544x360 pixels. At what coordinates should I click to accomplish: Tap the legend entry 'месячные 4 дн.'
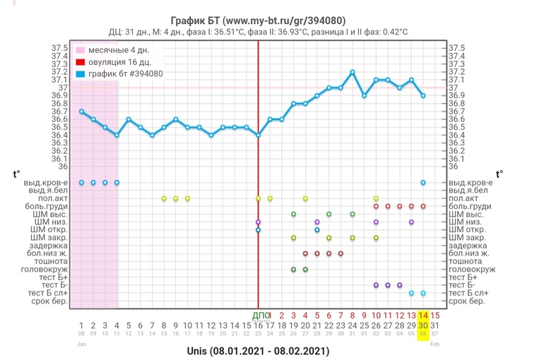click(x=117, y=51)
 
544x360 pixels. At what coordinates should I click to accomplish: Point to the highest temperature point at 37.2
click(x=353, y=72)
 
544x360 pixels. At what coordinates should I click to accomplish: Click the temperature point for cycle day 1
click(x=82, y=112)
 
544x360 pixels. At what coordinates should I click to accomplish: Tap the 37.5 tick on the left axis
click(x=59, y=48)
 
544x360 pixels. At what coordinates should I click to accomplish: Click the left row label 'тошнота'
click(x=51, y=261)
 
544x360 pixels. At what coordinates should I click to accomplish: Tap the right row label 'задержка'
click(x=467, y=246)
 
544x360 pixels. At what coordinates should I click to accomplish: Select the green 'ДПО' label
click(x=259, y=315)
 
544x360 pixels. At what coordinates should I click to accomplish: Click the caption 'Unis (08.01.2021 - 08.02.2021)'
click(x=258, y=350)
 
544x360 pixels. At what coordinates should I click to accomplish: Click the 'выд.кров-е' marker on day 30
click(x=423, y=182)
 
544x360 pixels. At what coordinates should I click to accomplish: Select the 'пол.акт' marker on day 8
click(x=164, y=198)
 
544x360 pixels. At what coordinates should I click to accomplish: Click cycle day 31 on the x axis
click(x=434, y=325)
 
